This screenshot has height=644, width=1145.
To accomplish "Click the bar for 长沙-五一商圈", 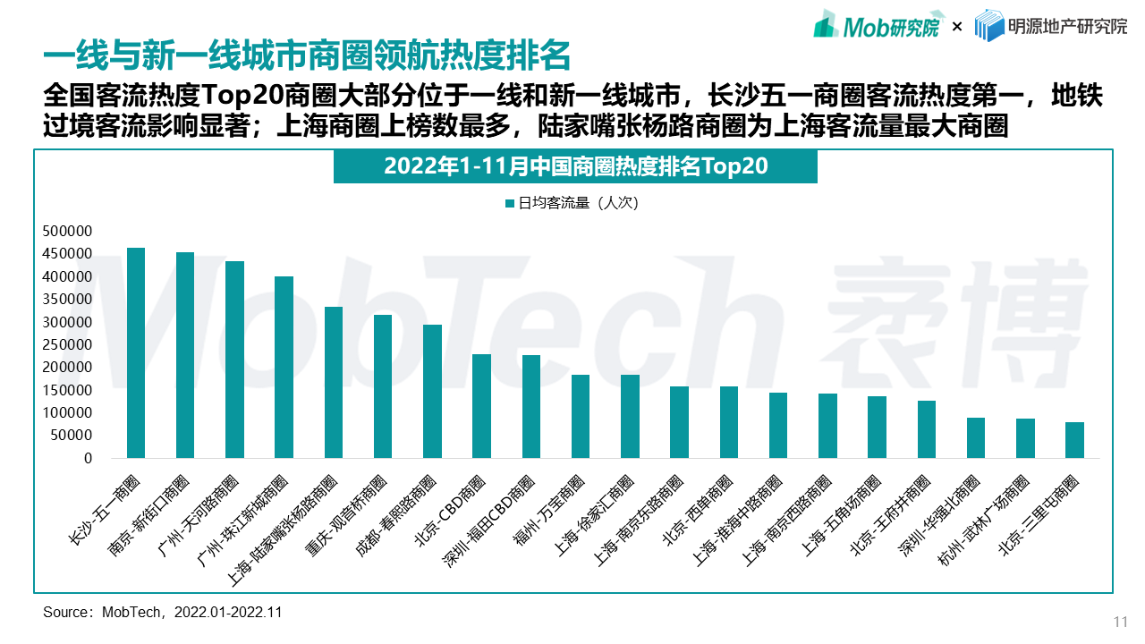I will pos(136,353).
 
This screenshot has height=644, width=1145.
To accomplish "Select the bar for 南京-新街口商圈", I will pos(185,355).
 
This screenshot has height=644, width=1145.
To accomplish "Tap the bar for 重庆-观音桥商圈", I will pos(383,386).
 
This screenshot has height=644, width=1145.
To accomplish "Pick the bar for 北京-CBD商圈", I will pos(481,406).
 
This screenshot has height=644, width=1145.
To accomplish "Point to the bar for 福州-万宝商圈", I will pos(581,416).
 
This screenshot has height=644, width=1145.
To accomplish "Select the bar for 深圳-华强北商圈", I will pos(976,438).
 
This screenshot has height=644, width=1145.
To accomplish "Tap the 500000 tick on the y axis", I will pos(67,231).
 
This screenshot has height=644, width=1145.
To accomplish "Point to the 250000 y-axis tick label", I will pos(67,344).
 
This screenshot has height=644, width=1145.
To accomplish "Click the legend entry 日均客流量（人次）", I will pos(572,203).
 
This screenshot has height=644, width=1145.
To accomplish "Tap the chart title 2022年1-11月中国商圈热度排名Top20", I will pos(575,167).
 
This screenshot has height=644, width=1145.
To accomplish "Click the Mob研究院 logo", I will pos(877,26).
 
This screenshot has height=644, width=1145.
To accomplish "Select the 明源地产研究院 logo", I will pos(1050,26).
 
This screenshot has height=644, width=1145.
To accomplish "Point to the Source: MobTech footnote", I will pos(163,613).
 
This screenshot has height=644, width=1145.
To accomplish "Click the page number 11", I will pos(1120,623).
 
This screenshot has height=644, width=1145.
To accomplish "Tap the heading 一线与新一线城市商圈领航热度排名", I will pos(307,55).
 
